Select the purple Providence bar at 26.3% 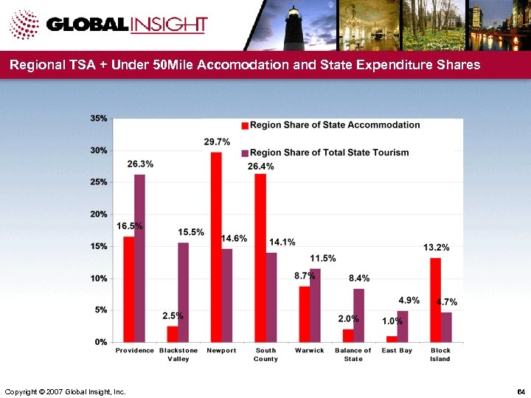(139, 258)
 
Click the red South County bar (260, 258)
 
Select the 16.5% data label (130, 226)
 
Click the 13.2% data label (436, 247)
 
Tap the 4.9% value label (409, 300)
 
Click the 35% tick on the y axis (99, 118)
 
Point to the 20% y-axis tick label (99, 214)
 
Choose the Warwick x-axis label (310, 351)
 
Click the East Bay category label (397, 351)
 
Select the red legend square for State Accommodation (246, 125)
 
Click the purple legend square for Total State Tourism (246, 153)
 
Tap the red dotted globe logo (24, 26)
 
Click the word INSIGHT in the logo (169, 24)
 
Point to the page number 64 (521, 390)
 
